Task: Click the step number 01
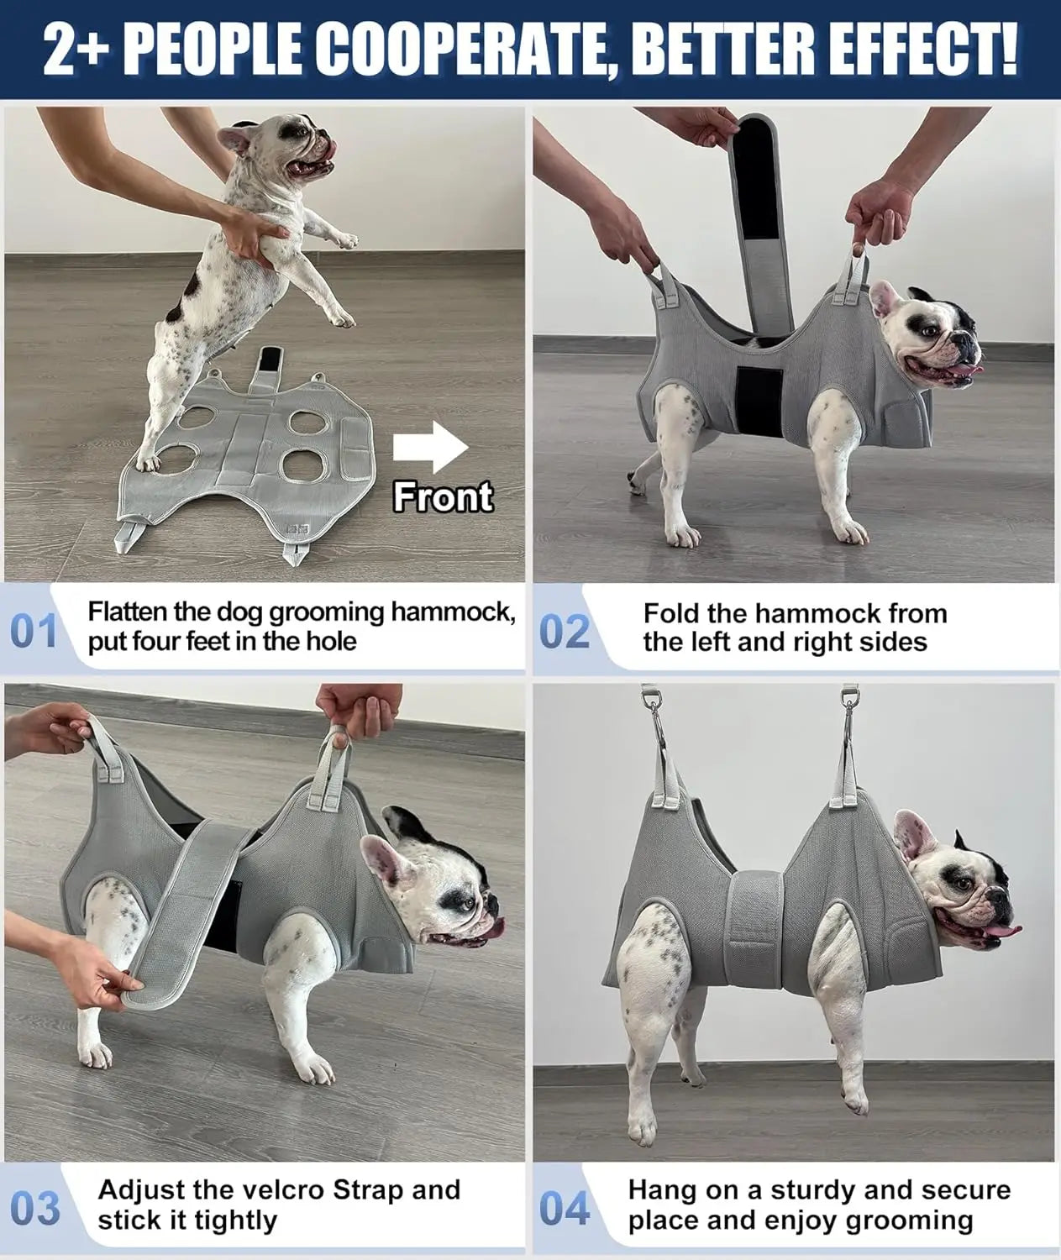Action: click(34, 632)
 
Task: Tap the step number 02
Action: click(565, 632)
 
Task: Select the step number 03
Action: click(37, 1208)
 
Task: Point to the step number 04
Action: click(565, 1208)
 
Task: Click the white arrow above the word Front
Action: click(431, 448)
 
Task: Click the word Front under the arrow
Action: click(443, 496)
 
